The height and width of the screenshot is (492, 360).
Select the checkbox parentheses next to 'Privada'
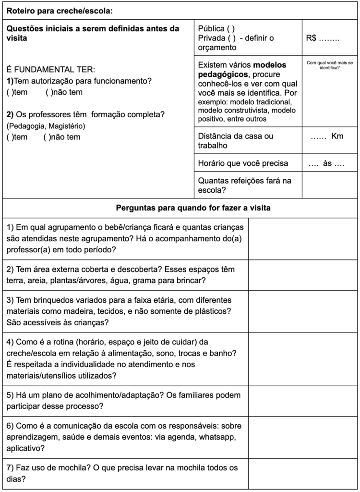pos(232,38)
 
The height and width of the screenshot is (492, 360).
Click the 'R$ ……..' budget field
pos(322,38)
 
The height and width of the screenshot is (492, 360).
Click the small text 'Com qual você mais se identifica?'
pos(329,65)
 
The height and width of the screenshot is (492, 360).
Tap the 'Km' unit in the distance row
pos(337,136)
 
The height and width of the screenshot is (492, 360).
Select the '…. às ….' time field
pos(326,163)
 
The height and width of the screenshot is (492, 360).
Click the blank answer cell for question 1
pos(302,238)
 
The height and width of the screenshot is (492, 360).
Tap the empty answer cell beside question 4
pos(302,359)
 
